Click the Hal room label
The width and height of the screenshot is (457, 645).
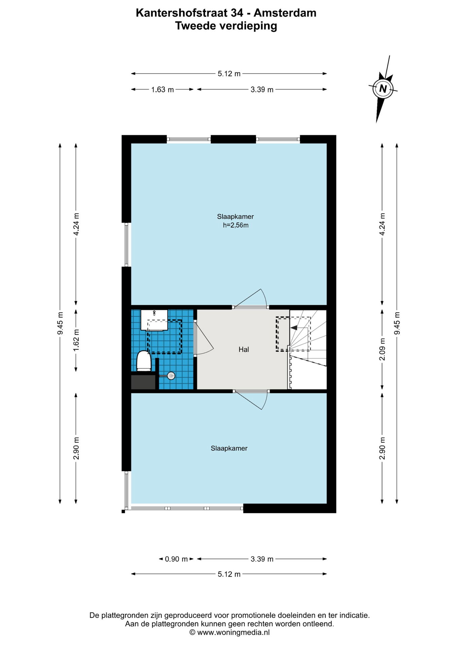[244, 349]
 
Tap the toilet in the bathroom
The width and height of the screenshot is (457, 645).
[144, 361]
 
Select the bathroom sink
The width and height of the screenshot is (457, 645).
[154, 320]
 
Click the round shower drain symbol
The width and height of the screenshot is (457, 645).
[171, 376]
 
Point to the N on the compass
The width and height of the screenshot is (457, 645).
[383, 89]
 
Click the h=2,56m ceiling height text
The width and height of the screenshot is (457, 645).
[236, 225]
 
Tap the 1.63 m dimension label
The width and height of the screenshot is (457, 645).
[163, 89]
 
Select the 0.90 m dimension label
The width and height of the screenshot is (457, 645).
[176, 559]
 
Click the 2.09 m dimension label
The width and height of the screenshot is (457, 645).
[382, 349]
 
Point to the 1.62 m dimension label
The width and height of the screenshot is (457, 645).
[76, 340]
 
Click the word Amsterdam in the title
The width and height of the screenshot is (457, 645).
[285, 13]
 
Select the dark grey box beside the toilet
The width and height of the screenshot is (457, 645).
[143, 382]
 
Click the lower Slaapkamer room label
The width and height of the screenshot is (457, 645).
[229, 448]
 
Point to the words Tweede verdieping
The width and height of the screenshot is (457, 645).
[226, 26]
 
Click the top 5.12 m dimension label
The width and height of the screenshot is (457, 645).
[229, 74]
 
